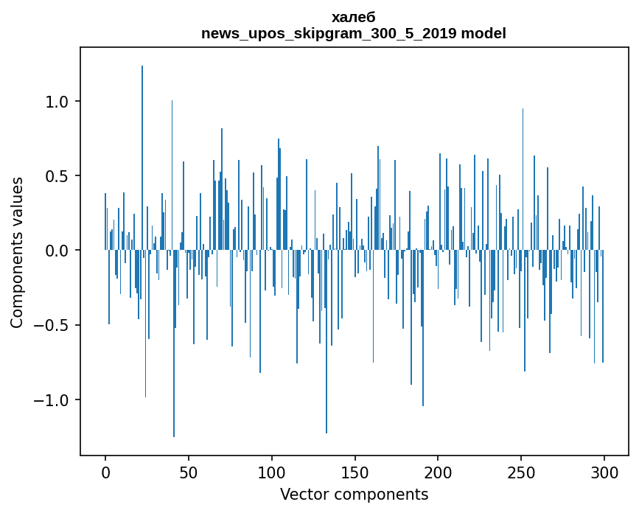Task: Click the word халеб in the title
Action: click(x=354, y=18)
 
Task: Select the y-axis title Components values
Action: click(x=17, y=252)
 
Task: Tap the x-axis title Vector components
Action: click(x=354, y=494)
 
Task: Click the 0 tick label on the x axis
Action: click(x=105, y=471)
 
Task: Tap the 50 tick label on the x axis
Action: click(x=189, y=471)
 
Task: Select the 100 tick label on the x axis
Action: click(x=272, y=471)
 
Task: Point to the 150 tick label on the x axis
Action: click(x=355, y=471)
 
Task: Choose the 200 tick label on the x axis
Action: click(x=438, y=471)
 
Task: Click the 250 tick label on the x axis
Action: click(x=521, y=471)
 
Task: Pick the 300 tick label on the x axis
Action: click(x=604, y=471)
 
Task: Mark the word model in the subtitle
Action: click(x=483, y=34)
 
